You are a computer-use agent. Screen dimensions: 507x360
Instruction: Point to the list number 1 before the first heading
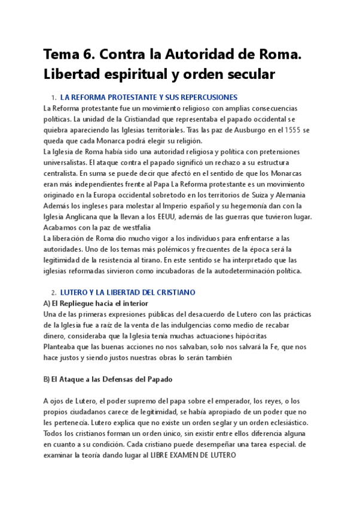coord(53,97)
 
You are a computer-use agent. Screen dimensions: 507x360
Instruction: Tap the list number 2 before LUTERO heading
coord(53,292)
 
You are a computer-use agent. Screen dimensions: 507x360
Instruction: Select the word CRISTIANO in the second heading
coord(175,292)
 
